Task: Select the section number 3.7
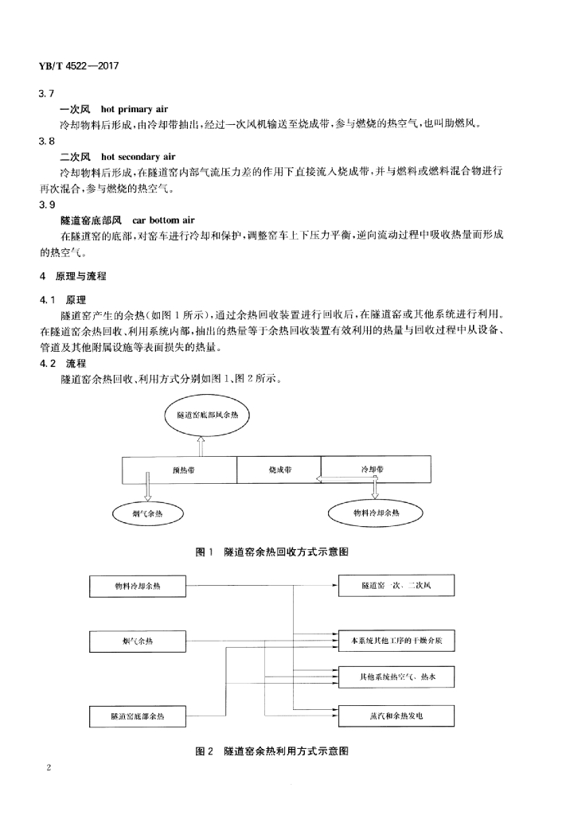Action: (x=46, y=94)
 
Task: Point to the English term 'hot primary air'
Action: (x=135, y=108)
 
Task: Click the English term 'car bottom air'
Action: (x=163, y=219)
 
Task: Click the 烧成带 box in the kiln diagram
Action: (x=279, y=470)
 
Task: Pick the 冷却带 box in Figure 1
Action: (x=375, y=470)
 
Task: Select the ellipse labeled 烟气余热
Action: (x=147, y=514)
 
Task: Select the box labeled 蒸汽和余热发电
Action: (x=396, y=716)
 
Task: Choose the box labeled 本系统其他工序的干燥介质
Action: (x=396, y=640)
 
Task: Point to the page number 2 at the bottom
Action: (x=49, y=769)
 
